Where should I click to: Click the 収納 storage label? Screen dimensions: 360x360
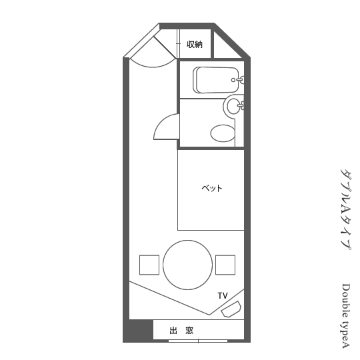point(195,44)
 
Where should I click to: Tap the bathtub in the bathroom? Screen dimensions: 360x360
point(216,80)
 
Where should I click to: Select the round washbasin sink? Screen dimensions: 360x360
point(235,106)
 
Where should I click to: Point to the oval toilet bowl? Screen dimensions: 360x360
point(223,133)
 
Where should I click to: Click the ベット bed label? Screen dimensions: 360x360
point(212,188)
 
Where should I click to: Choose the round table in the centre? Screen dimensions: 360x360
point(187,265)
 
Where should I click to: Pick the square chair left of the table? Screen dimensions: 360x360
point(149,265)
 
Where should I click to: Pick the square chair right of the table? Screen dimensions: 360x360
point(225,265)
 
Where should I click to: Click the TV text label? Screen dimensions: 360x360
point(223,296)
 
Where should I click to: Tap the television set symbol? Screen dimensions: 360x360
point(231,309)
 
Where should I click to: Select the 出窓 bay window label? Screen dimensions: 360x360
point(181,331)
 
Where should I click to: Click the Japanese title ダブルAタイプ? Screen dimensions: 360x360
point(345,209)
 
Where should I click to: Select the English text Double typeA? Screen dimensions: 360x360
point(345,316)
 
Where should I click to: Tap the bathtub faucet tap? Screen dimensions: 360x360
point(240,80)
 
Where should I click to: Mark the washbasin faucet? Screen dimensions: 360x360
point(241,105)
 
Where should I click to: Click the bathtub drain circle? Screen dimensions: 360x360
point(233,80)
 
